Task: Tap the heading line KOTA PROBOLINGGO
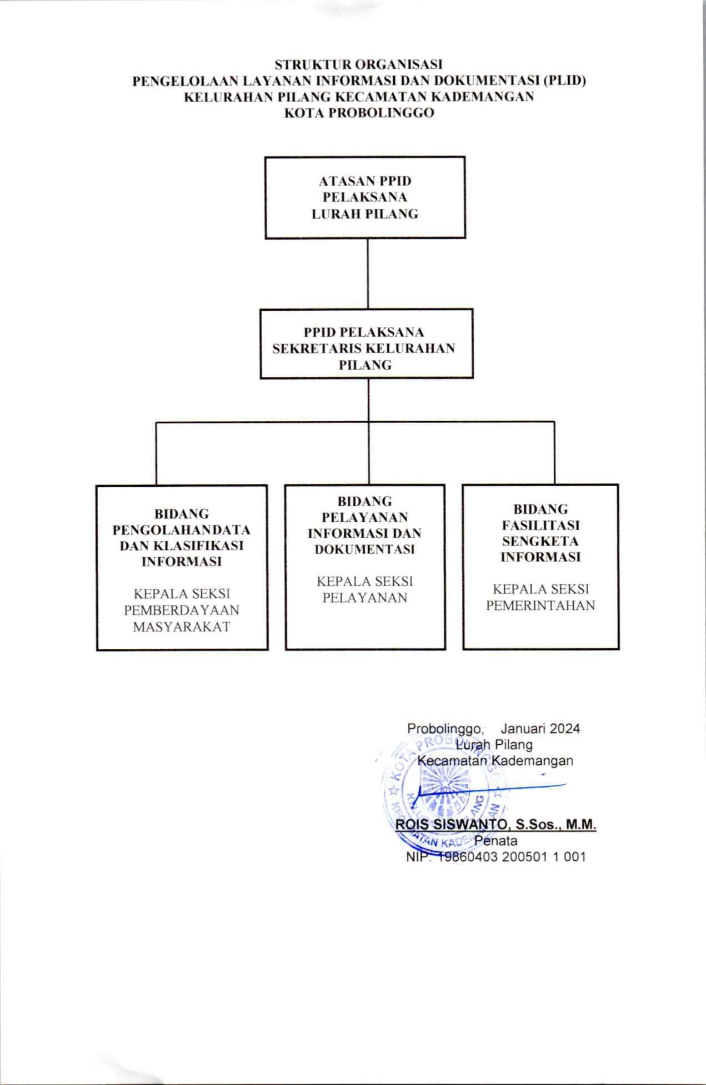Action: [359, 113]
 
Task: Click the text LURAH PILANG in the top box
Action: [365, 214]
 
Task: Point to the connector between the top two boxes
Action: [368, 274]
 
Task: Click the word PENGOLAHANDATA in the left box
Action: [182, 529]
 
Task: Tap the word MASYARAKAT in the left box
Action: [182, 627]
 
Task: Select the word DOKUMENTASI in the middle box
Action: [365, 549]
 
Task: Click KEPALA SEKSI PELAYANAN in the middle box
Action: [365, 589]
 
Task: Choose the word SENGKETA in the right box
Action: [540, 541]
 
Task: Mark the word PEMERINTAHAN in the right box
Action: [540, 605]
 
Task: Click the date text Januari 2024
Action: [540, 728]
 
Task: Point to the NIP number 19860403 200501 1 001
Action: [513, 857]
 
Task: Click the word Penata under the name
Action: [495, 840]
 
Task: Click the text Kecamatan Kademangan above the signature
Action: [495, 760]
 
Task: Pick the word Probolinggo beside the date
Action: [445, 729]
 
